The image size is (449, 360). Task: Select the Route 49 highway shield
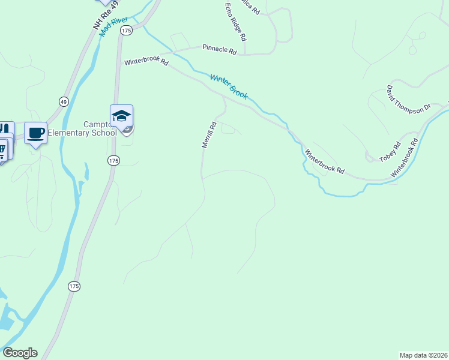point(64,101)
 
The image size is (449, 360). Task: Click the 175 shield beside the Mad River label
point(125,30)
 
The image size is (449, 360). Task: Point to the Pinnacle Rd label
point(220,49)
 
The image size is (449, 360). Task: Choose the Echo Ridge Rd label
point(235,22)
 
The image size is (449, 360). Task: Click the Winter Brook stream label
point(229,86)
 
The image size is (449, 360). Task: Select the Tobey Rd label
point(390,152)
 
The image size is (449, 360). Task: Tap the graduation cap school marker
point(121,116)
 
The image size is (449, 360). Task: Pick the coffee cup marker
point(36,133)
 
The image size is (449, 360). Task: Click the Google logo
point(20,353)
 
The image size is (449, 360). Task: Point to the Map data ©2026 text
point(423,355)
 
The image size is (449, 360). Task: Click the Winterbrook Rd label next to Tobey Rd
point(324,161)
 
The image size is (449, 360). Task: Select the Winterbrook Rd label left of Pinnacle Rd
point(146,62)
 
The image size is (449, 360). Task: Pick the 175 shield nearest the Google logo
point(74,286)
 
